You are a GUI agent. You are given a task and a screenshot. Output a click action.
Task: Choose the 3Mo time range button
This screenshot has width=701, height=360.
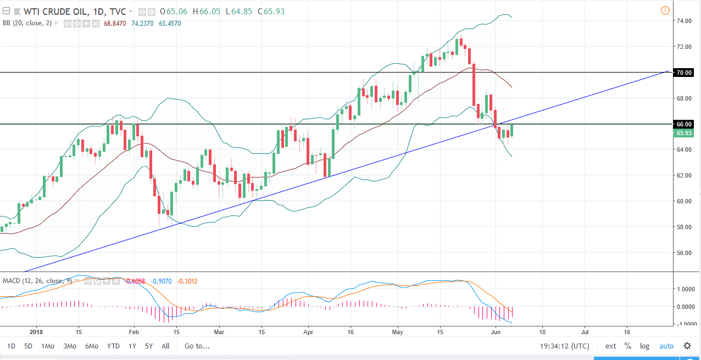tap(69, 346)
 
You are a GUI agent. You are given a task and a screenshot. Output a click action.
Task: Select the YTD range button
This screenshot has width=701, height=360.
tap(113, 346)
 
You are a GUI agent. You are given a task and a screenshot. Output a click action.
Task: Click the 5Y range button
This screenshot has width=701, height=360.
tap(149, 346)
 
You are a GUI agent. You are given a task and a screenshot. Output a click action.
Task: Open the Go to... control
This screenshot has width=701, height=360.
tap(197, 346)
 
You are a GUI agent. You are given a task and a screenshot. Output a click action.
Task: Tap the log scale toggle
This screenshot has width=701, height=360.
tap(644, 346)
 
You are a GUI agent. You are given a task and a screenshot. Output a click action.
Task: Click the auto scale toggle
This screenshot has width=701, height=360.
tap(666, 346)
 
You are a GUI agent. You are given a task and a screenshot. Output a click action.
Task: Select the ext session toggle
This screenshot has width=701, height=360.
tap(610, 346)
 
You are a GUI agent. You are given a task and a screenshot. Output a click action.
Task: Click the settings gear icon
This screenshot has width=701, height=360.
tap(687, 346)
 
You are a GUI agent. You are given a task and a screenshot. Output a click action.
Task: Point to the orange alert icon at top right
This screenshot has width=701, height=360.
tap(665, 10)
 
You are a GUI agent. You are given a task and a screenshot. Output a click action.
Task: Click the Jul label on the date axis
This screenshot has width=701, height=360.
tap(585, 332)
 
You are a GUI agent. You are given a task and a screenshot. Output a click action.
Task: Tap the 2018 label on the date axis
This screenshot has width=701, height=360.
tap(36, 332)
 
